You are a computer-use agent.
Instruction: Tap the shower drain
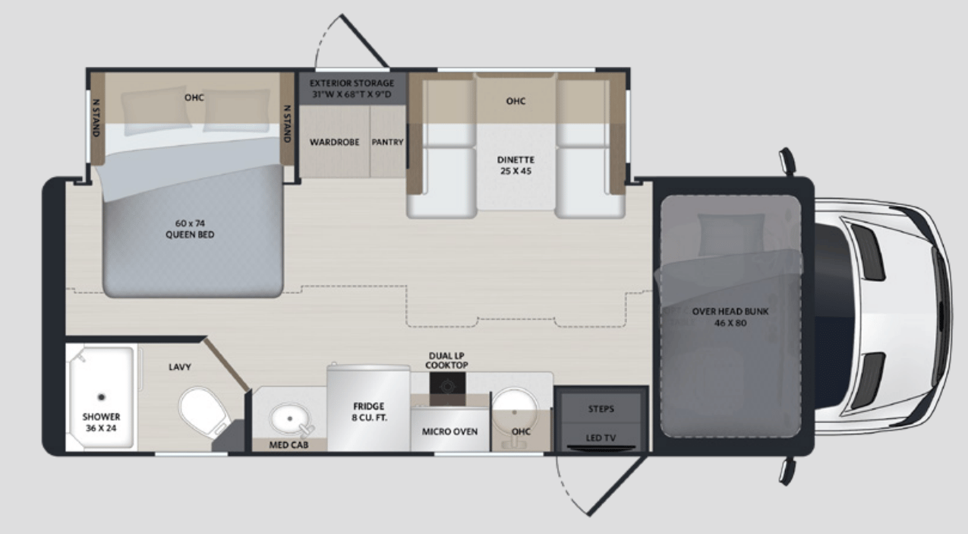[102, 396]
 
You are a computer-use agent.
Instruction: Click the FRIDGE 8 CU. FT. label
[368, 412]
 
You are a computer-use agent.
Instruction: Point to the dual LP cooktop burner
[446, 386]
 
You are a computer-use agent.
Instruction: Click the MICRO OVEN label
[449, 431]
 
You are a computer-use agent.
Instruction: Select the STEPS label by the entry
[601, 409]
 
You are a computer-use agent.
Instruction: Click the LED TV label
[601, 438]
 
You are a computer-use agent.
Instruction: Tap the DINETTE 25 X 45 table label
[516, 166]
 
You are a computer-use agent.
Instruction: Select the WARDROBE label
[334, 142]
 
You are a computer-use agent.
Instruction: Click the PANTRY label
[387, 142]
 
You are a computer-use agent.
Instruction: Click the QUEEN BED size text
[190, 229]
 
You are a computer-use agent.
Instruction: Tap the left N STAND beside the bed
[96, 118]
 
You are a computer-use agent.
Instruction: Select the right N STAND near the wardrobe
[287, 123]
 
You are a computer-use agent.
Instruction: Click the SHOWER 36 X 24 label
[101, 422]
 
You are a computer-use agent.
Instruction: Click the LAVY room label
[180, 367]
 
